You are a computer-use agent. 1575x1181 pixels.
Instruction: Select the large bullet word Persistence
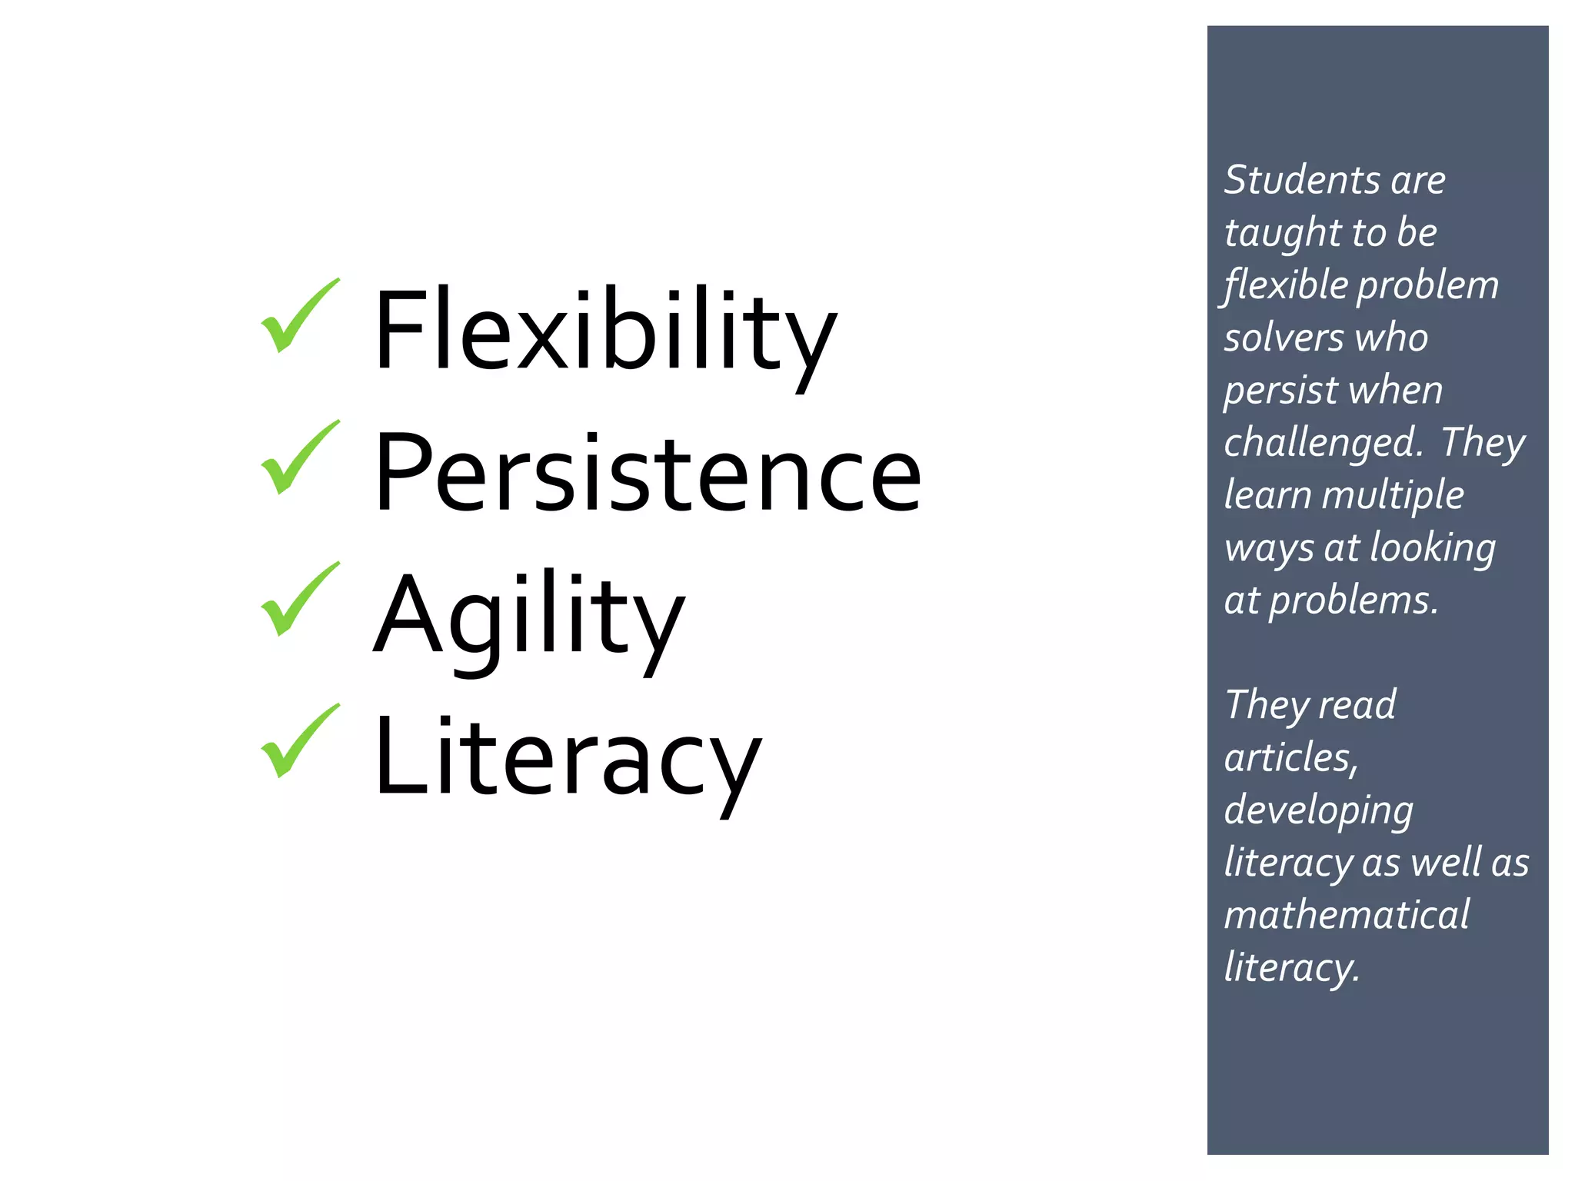(648, 473)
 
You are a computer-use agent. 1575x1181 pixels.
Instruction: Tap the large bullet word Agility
(529, 615)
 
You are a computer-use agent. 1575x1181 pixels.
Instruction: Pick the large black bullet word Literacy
(568, 757)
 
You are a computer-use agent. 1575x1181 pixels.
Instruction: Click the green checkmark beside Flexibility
(298, 315)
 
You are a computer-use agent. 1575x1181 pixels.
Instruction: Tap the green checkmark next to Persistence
(298, 457)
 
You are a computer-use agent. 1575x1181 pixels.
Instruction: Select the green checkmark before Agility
(298, 599)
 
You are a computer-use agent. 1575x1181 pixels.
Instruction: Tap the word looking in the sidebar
(1433, 549)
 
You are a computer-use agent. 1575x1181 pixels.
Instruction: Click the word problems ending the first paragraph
(1353, 600)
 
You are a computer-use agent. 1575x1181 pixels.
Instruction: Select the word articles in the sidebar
(1290, 758)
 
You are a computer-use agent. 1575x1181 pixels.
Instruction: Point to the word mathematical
(1347, 915)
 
